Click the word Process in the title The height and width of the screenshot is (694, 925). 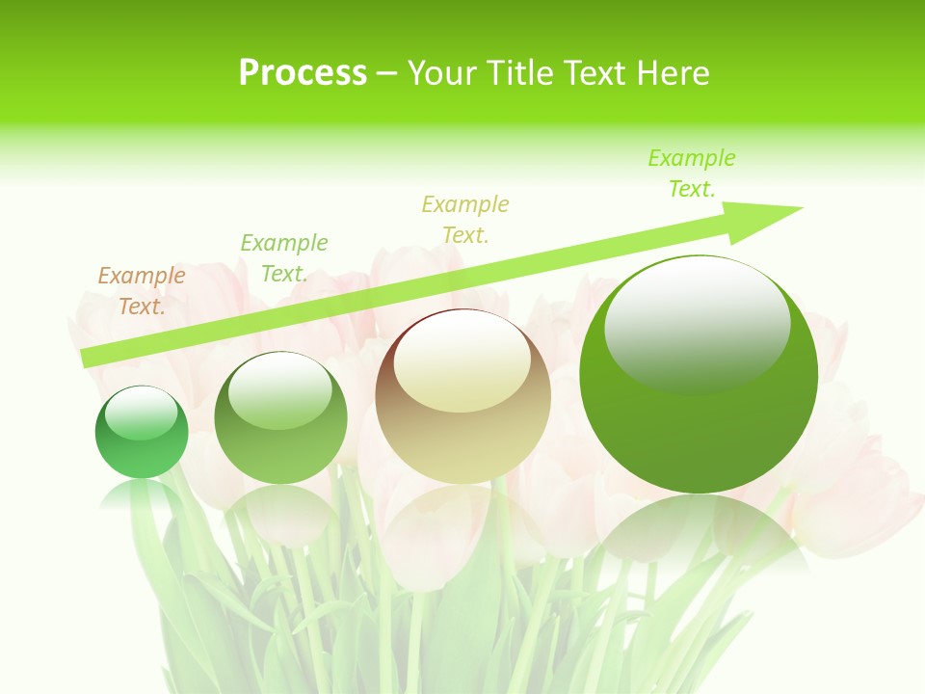coord(303,73)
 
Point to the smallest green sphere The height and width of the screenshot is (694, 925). coord(142,433)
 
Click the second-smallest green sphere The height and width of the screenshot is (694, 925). coord(280,417)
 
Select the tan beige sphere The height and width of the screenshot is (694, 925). coord(463,396)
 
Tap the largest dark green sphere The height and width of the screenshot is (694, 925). coord(699,373)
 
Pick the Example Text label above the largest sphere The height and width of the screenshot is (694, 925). coord(692,173)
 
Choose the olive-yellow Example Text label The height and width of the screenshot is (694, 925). coord(465,220)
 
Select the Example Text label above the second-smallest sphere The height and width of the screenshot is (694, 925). coord(284,258)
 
